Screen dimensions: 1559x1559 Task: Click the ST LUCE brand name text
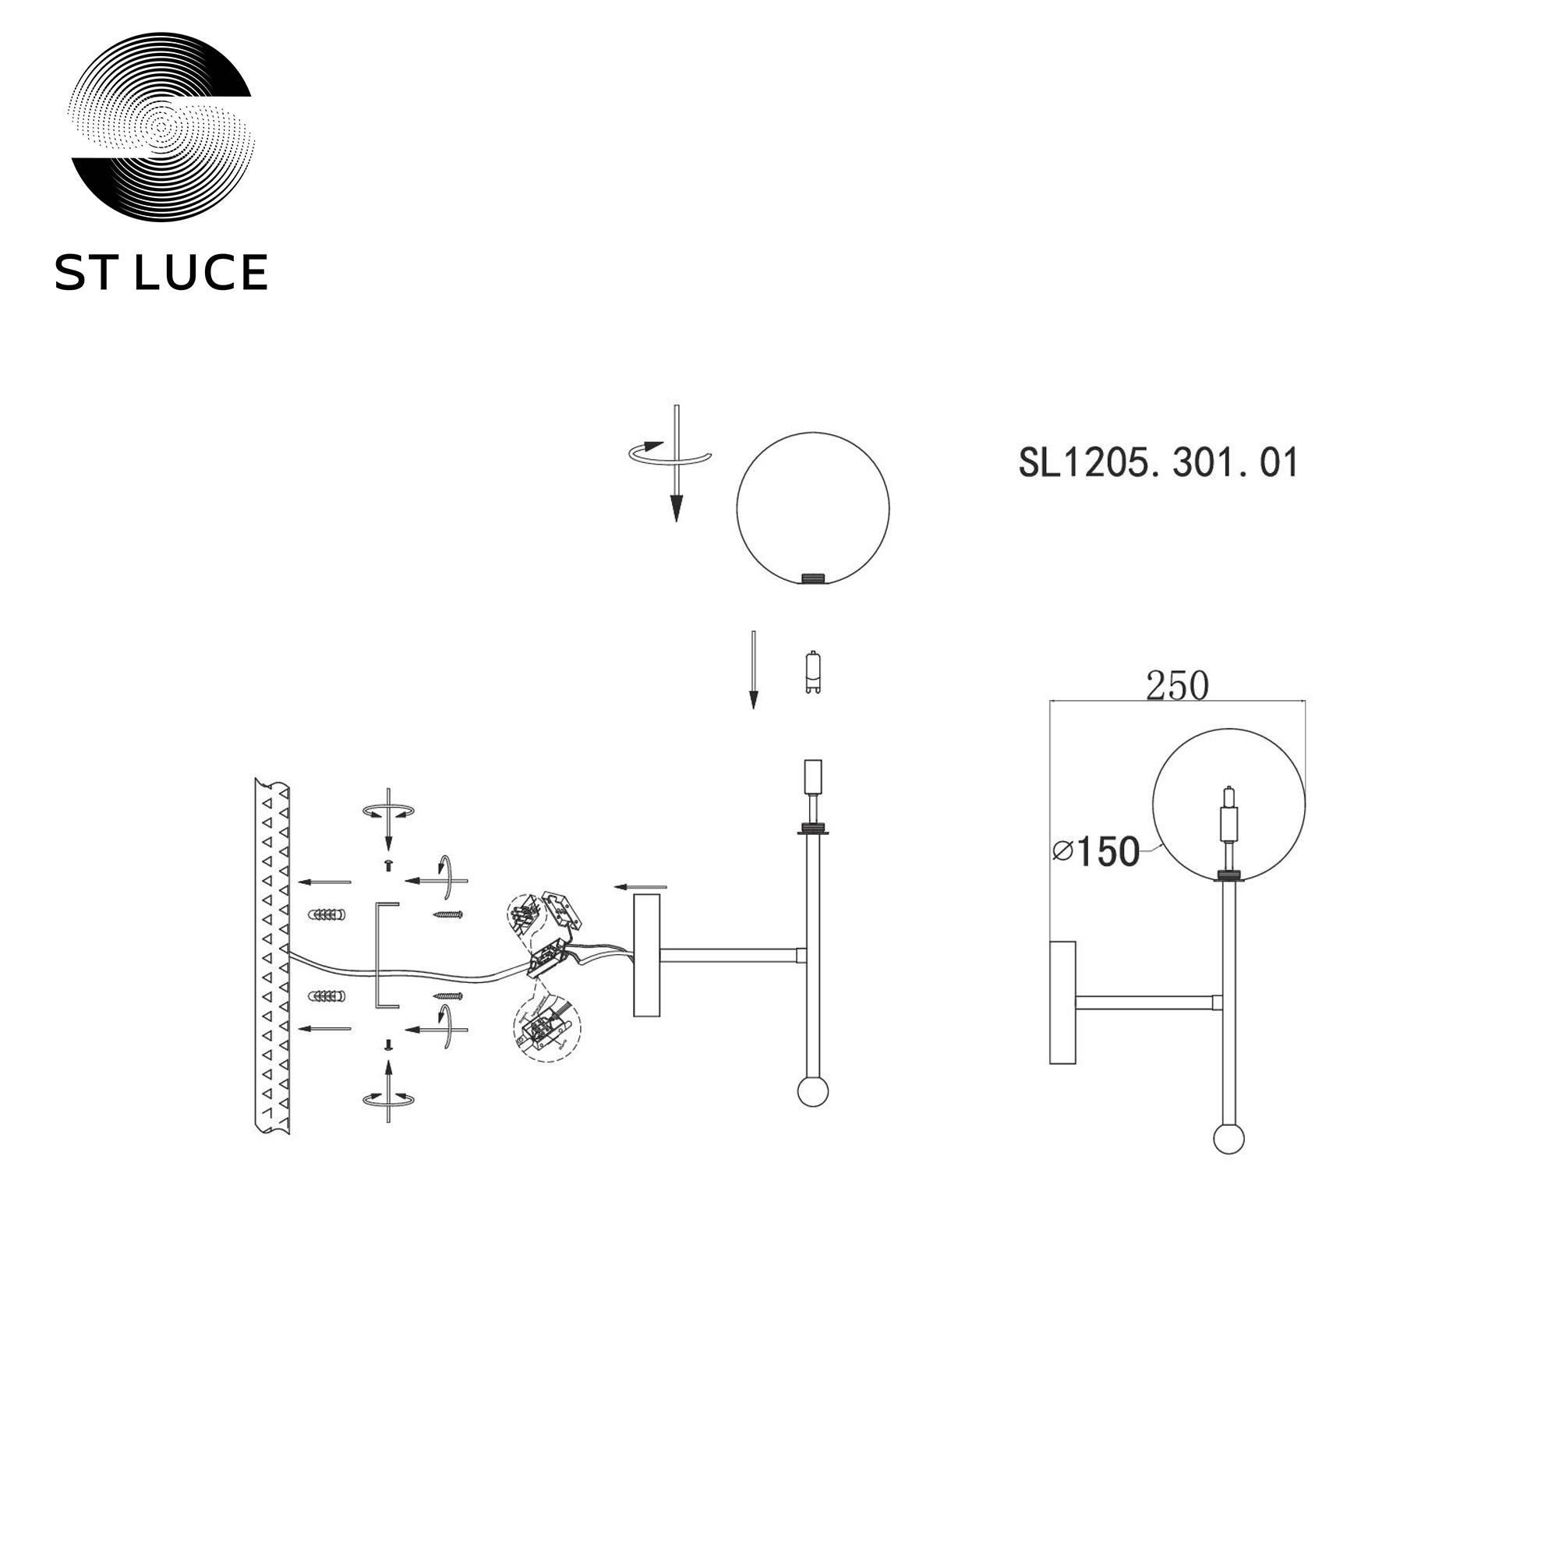coord(161,272)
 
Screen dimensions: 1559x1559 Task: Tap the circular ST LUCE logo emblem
coord(161,128)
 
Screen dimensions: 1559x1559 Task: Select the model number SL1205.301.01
coord(1158,463)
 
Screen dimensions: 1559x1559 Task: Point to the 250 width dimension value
coord(1177,686)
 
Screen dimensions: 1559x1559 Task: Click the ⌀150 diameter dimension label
coord(1097,851)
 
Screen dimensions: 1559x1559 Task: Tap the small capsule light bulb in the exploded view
coord(813,672)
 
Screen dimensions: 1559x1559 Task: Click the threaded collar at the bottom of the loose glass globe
coord(812,578)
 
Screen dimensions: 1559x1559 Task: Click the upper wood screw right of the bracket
coord(449,914)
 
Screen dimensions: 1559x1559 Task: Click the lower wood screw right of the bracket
coord(449,995)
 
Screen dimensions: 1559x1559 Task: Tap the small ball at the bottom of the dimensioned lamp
coord(1229,1140)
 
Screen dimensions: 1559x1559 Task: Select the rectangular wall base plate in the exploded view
coord(646,955)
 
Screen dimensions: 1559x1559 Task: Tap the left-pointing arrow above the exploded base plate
coord(641,888)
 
